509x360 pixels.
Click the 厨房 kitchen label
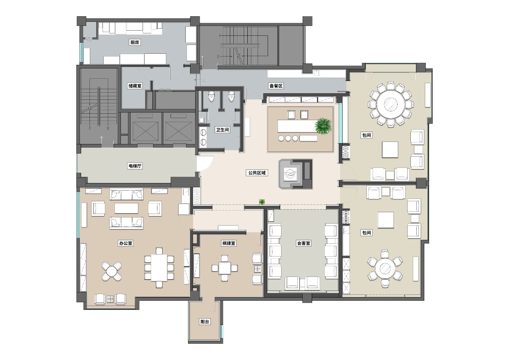tap(135, 42)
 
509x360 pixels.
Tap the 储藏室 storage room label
tap(135, 86)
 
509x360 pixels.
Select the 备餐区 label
tap(276, 86)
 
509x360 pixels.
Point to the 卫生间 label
tap(222, 130)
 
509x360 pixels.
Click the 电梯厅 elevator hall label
tap(135, 166)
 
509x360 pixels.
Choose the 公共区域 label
tap(257, 173)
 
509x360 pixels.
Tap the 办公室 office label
tap(126, 243)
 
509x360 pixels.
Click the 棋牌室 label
tap(229, 243)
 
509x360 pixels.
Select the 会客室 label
tap(303, 243)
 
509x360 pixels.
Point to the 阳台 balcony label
tap(204, 321)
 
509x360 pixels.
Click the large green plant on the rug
tap(323, 126)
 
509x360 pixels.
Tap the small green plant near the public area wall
tap(262, 202)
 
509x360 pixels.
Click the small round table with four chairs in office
tap(112, 271)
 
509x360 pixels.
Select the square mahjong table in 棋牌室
tap(225, 268)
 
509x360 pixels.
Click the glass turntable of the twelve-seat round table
tap(390, 104)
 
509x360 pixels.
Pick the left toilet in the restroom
tap(211, 96)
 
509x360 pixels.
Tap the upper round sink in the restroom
tap(203, 132)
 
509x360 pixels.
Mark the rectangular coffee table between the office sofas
tap(126, 208)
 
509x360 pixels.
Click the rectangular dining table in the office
tap(159, 268)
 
